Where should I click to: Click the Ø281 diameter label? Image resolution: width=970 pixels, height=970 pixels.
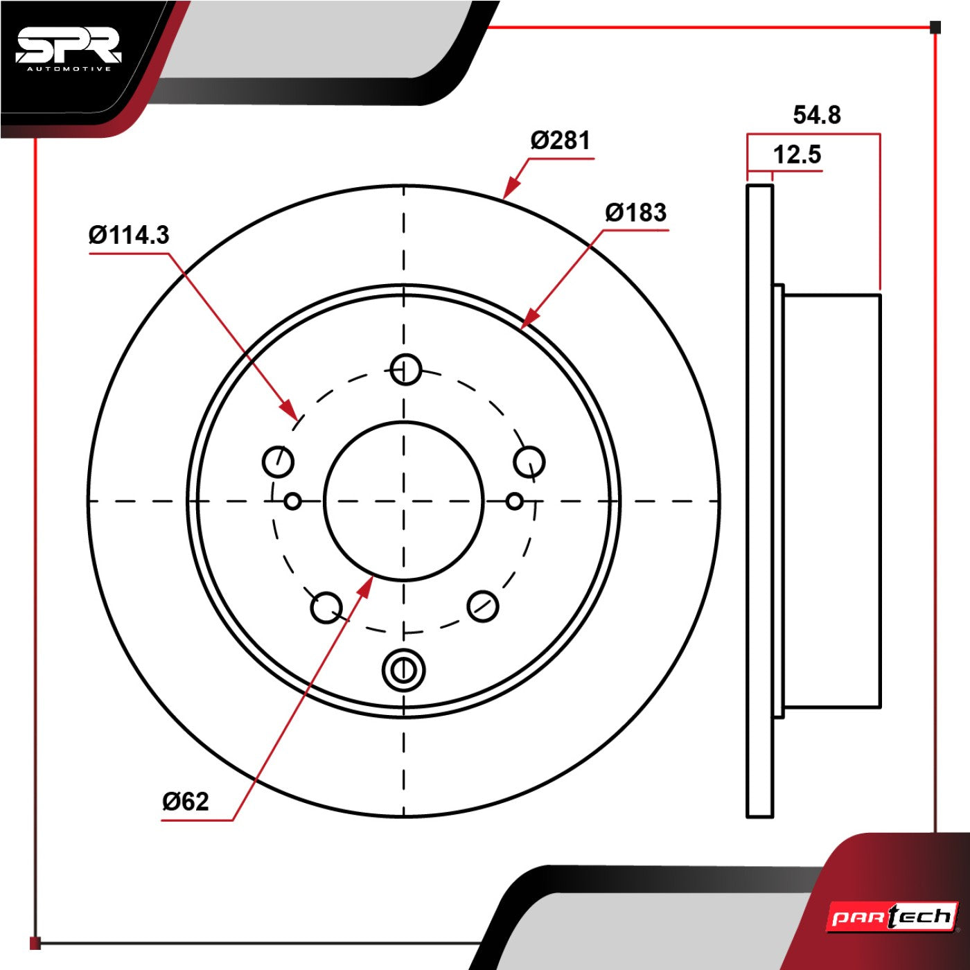point(561,140)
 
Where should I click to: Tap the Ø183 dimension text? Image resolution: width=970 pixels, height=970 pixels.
point(636,212)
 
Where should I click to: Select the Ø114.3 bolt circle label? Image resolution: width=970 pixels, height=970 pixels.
point(130,235)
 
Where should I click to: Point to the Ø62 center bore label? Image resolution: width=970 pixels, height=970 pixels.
point(185,801)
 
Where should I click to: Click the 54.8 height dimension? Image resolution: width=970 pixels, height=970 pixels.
point(817,115)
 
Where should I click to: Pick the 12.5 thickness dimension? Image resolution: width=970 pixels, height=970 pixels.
point(797,154)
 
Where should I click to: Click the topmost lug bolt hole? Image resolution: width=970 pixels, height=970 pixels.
point(406,370)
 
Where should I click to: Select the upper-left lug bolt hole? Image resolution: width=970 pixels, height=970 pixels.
point(278,461)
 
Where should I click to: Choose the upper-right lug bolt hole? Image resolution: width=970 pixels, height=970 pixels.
point(529,461)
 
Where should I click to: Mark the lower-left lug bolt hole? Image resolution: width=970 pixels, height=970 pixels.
point(327,608)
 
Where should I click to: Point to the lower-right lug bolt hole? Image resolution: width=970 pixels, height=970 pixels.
point(483,606)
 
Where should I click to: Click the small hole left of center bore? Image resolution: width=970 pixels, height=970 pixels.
point(293,502)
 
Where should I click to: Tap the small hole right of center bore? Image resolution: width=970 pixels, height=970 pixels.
point(515,502)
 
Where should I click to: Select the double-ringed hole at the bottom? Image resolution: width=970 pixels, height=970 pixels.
point(403,671)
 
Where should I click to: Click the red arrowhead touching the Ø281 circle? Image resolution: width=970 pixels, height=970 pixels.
point(511,188)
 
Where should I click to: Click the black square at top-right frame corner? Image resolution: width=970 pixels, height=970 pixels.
point(935,27)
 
